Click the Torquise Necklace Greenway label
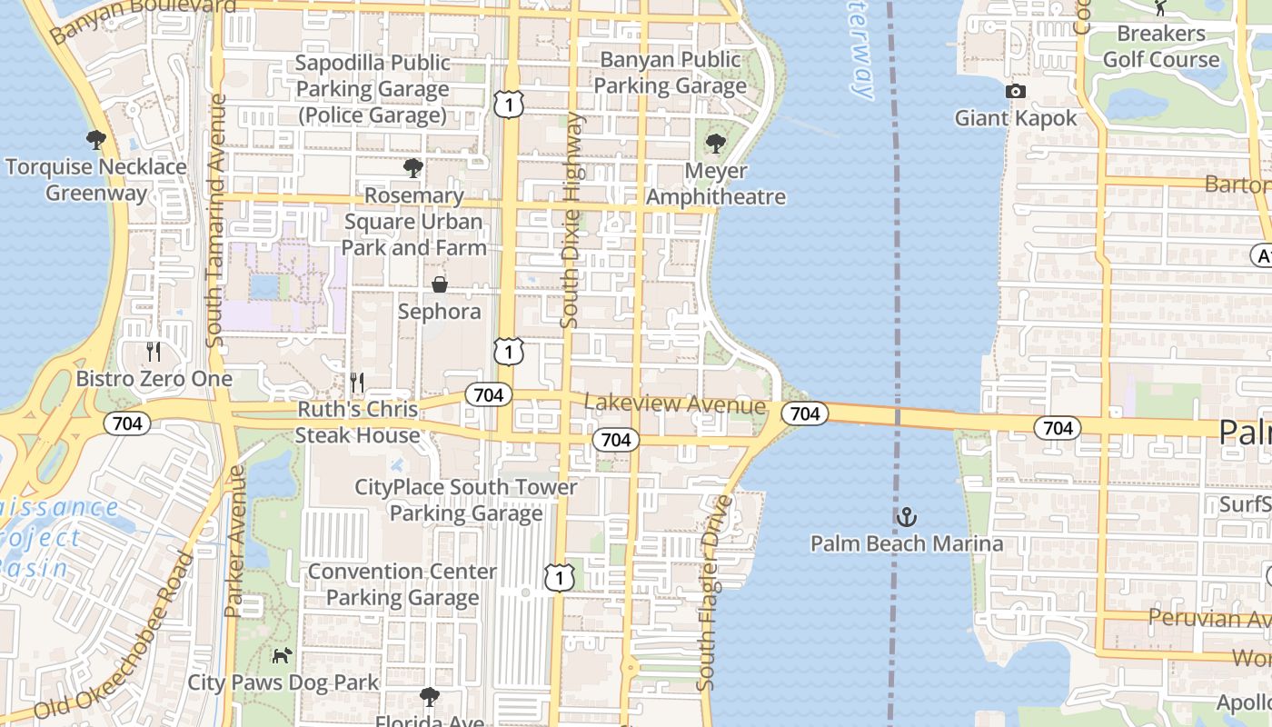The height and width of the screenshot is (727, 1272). (96, 180)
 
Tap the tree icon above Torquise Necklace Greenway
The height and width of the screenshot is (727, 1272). (96, 140)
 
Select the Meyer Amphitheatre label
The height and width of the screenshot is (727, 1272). (715, 184)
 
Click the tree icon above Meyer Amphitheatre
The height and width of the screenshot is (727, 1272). (716, 143)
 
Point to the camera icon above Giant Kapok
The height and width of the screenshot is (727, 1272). (1015, 91)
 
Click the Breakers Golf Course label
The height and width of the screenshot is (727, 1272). (1160, 47)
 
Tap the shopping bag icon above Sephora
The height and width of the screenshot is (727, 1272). (440, 284)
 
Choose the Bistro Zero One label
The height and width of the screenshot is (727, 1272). (154, 379)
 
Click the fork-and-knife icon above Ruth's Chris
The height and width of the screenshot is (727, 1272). (357, 383)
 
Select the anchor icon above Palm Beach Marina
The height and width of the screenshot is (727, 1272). (907, 517)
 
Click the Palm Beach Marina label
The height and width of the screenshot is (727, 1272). (907, 543)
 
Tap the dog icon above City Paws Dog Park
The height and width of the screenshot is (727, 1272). (283, 654)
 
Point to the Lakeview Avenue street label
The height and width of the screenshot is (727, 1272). (674, 404)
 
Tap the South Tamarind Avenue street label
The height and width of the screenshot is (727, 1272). (217, 226)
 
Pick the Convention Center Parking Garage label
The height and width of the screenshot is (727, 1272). (402, 584)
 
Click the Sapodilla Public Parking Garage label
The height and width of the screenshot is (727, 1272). (373, 89)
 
